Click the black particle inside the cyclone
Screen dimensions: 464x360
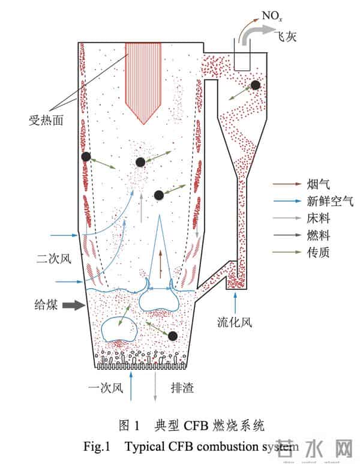256,85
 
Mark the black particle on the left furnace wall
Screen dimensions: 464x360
86,157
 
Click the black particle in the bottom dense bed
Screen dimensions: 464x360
173,336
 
